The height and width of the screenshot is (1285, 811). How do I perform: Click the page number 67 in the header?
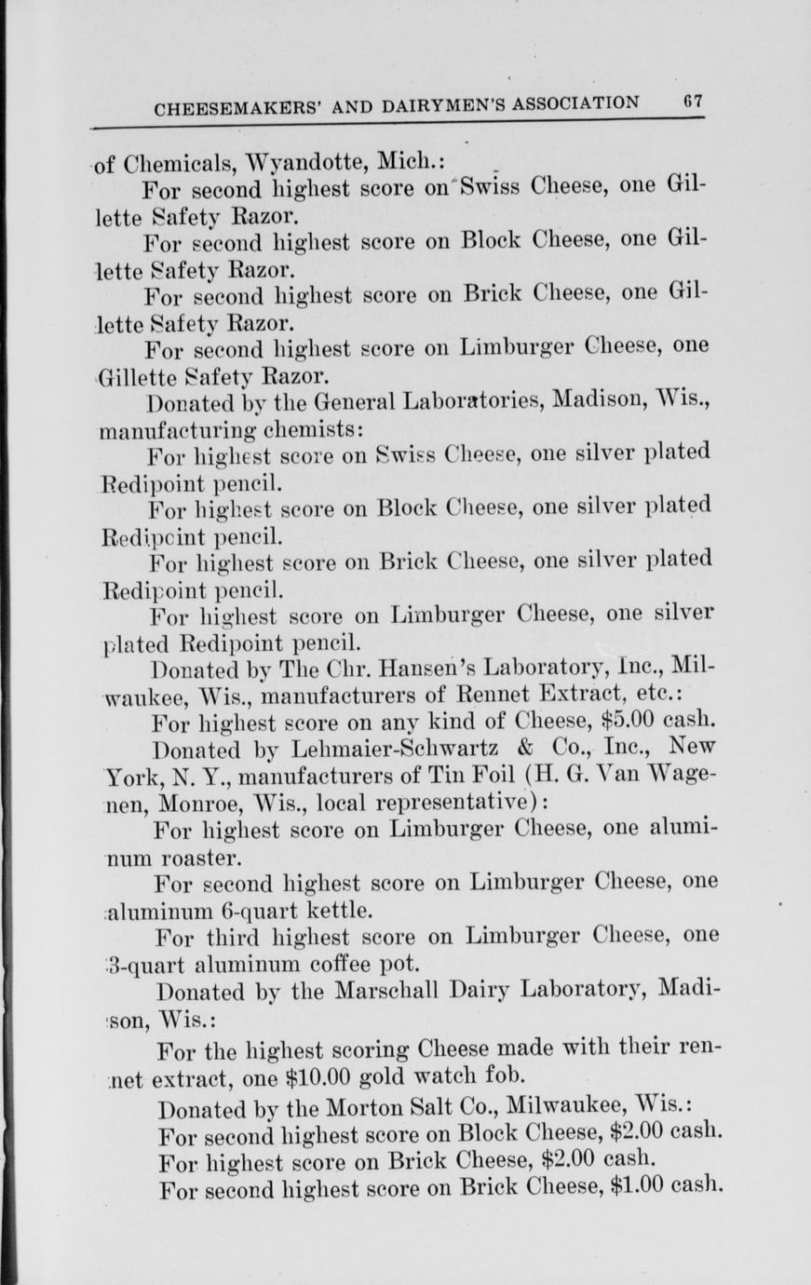pyautogui.click(x=690, y=101)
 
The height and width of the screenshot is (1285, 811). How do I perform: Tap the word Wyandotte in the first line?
pyautogui.click(x=293, y=161)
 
